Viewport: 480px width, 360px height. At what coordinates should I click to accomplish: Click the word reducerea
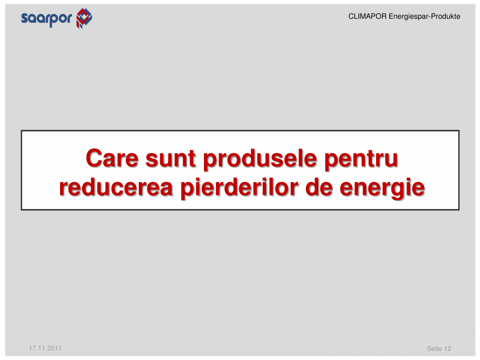[x=116, y=188]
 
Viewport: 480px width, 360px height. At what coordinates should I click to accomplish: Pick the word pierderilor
[x=240, y=188]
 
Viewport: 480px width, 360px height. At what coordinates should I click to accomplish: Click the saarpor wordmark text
[x=47, y=19]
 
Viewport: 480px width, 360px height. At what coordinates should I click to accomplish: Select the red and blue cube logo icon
[x=83, y=18]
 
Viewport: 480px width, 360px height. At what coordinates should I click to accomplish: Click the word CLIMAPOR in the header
[x=367, y=17]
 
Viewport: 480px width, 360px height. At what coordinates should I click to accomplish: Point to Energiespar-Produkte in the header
[x=424, y=17]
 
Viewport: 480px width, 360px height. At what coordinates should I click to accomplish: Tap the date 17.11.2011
[x=45, y=347]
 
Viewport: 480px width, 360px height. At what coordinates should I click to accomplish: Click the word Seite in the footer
[x=435, y=349]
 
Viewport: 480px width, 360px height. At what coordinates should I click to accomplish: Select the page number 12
[x=448, y=349]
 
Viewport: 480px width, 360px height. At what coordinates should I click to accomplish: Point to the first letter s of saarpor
[x=25, y=19]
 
